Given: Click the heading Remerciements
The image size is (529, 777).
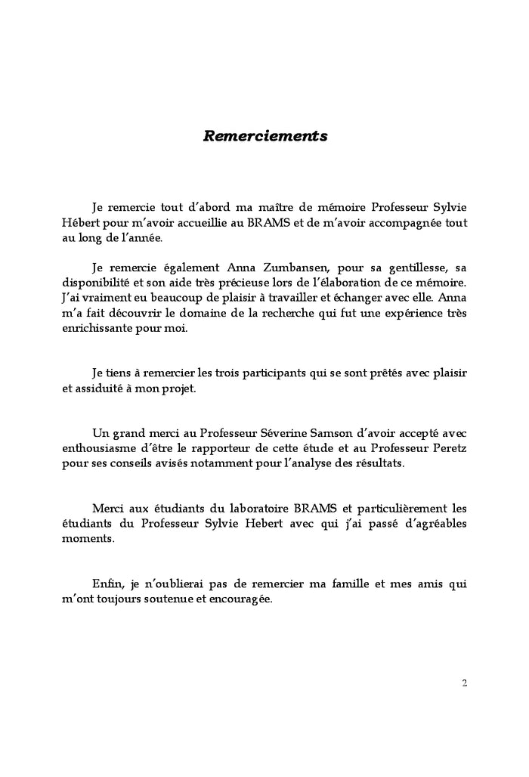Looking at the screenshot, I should pyautogui.click(x=265, y=137).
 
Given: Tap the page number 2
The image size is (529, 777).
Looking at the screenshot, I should pyautogui.click(x=464, y=683).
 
